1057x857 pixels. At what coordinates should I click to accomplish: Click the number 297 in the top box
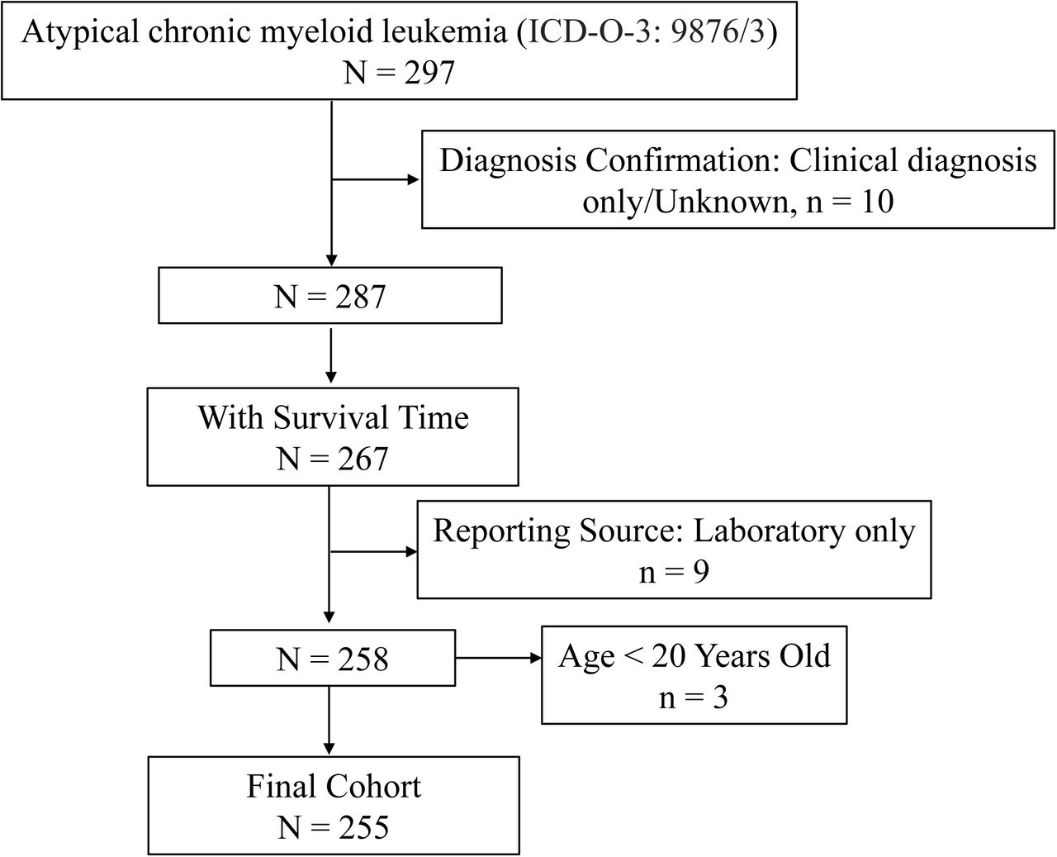(x=429, y=73)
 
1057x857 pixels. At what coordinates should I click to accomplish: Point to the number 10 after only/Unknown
(x=877, y=202)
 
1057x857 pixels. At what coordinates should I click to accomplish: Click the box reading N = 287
(x=330, y=295)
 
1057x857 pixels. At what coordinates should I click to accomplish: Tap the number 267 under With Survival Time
(x=363, y=459)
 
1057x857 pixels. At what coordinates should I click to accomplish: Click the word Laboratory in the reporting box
(x=768, y=531)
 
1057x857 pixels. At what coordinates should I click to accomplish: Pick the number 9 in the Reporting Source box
(x=701, y=572)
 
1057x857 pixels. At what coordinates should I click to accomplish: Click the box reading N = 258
(x=333, y=658)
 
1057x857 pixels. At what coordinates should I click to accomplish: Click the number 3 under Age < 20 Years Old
(x=720, y=698)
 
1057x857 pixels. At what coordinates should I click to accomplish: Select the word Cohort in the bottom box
(x=373, y=787)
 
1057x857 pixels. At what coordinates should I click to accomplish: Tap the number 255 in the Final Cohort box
(x=363, y=828)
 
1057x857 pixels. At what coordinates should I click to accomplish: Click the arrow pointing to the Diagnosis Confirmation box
(x=376, y=179)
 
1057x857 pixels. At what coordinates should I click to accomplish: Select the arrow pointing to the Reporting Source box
(x=374, y=551)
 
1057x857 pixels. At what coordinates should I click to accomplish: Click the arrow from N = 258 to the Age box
(x=498, y=658)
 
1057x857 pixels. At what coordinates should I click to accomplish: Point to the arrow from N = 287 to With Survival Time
(x=330, y=355)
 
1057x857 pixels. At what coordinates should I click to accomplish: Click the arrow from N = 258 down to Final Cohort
(x=329, y=721)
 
